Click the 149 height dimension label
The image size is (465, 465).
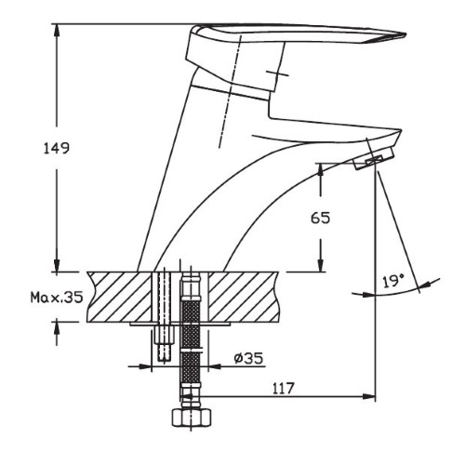56,149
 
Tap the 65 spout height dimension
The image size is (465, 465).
321,218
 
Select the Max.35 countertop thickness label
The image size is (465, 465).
57,298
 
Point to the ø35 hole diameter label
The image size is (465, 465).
248,359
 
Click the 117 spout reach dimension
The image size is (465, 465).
283,389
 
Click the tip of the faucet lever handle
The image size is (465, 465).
405,34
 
